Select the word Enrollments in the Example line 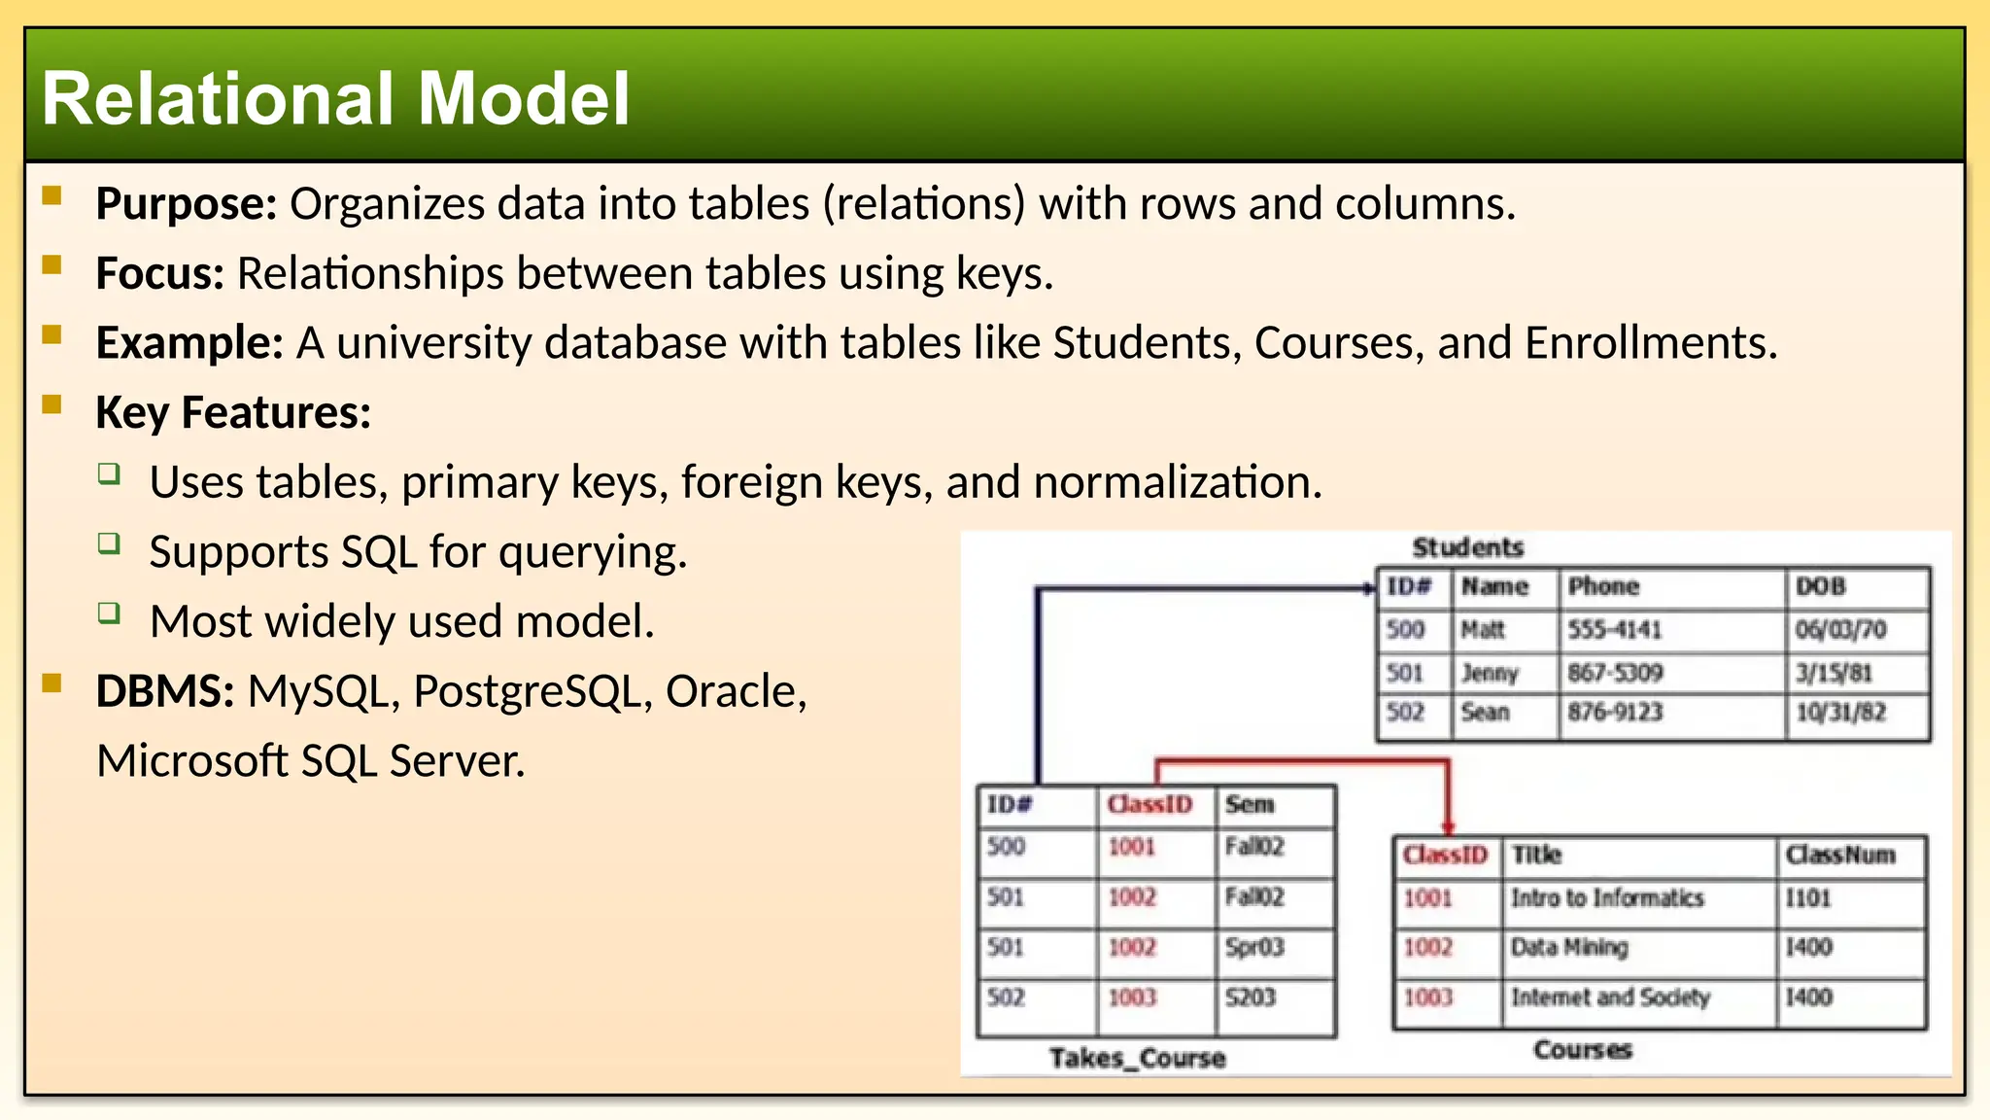tap(1650, 343)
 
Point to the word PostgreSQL tap(532, 691)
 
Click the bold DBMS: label tap(164, 691)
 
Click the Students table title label tap(1467, 548)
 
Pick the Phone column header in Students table tap(1603, 586)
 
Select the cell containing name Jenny tap(1489, 673)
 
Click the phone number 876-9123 tap(1615, 713)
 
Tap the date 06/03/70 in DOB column tap(1840, 630)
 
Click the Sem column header tap(1249, 805)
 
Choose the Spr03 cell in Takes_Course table tap(1254, 947)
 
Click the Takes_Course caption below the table tap(1137, 1058)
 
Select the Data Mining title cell tap(1568, 947)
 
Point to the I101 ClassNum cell tap(1807, 898)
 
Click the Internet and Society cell tap(1610, 997)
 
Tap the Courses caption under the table tap(1582, 1050)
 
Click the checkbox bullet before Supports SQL tap(110, 543)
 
